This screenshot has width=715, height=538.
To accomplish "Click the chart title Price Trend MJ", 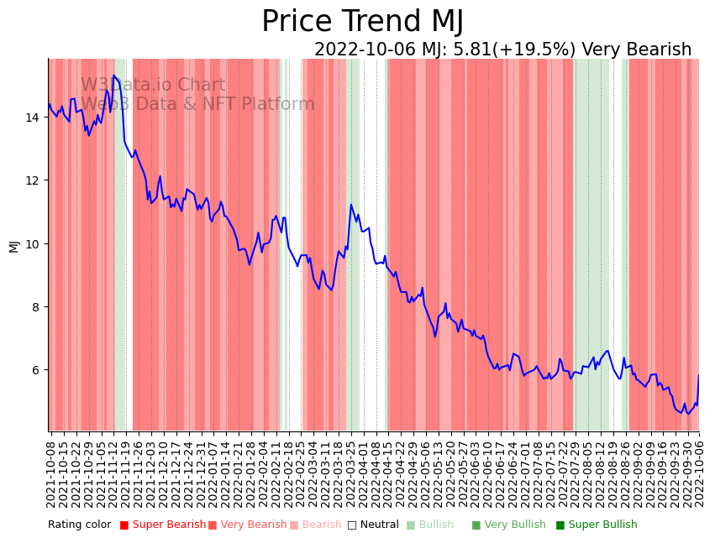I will pos(362,22).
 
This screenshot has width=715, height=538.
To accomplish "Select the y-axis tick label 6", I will pos(35,370).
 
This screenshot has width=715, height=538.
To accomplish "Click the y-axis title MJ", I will pos(13,245).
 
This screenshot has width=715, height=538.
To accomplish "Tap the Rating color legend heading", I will pos(79,525).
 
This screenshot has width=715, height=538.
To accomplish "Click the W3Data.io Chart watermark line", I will pos(153,86).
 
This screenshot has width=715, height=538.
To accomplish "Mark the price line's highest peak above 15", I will pos(114,76).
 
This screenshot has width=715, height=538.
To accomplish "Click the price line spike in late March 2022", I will pos(351,205).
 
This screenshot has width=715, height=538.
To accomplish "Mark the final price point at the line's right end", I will pos(699,375).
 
